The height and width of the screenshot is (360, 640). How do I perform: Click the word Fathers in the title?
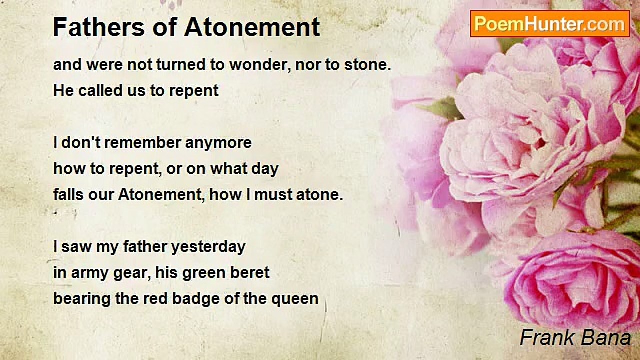pos(99,27)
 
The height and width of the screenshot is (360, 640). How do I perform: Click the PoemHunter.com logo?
pos(550,24)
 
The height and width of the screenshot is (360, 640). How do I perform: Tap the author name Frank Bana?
pos(575,338)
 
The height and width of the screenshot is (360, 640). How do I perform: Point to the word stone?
pos(367,65)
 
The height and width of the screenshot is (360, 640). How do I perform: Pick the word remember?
pos(142,142)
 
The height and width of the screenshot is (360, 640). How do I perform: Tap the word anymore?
pos(218,143)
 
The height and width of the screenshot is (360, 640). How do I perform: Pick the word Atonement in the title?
pos(252,27)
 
